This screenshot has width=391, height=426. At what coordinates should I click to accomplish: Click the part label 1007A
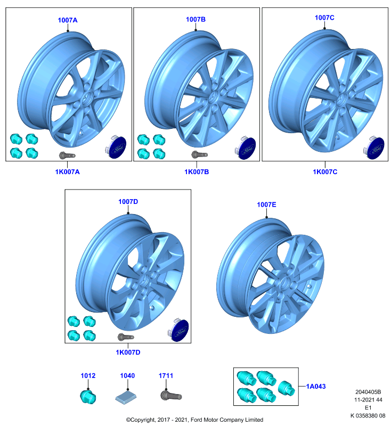67,20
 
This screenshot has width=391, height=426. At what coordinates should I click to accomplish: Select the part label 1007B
195,20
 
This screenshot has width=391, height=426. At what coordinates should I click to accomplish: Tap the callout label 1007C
324,18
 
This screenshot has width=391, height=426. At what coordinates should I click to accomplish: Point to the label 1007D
128,202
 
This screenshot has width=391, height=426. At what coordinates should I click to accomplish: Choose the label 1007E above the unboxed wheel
266,204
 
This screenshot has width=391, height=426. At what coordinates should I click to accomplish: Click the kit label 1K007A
67,171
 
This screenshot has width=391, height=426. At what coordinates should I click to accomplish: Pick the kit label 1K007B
197,171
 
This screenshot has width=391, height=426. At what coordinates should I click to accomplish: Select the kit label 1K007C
325,171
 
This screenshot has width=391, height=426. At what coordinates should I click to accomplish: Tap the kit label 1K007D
128,352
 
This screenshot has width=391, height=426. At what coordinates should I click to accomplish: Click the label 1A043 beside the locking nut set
316,387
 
